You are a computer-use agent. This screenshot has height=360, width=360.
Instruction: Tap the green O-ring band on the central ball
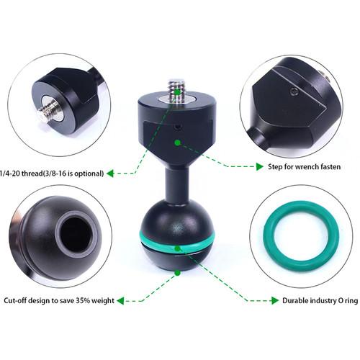coord(177,244)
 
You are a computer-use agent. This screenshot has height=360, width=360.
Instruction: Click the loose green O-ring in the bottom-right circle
coord(301,236)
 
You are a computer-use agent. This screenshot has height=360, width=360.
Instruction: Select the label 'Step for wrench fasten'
coord(304,166)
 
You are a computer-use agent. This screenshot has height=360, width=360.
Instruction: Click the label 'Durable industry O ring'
coord(320,300)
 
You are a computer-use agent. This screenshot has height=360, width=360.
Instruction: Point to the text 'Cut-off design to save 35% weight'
coord(59,300)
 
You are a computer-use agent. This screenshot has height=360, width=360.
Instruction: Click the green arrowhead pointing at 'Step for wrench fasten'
coord(260,166)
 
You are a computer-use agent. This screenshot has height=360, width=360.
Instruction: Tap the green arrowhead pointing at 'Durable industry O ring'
coord(275,300)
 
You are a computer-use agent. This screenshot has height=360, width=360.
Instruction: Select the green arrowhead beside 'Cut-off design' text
coord(121,301)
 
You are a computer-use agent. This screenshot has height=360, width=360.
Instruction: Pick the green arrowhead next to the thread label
coord(110,174)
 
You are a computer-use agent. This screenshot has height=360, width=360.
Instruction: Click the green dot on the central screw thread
coord(177,91)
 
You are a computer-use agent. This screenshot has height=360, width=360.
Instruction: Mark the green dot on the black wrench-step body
coord(178,143)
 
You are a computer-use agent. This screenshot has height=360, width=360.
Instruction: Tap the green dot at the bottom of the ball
coord(178,273)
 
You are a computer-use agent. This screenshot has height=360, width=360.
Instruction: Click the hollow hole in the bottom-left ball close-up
coord(76,233)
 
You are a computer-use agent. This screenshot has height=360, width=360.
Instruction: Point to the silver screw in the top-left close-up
coord(49,110)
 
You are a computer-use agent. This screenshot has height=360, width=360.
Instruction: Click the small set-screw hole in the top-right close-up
coord(294,91)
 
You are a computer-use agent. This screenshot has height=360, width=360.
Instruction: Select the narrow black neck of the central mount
coord(177,185)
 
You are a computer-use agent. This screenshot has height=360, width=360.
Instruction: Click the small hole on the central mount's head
coord(177,127)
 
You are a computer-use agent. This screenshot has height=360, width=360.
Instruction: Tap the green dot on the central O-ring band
coord(177,248)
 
